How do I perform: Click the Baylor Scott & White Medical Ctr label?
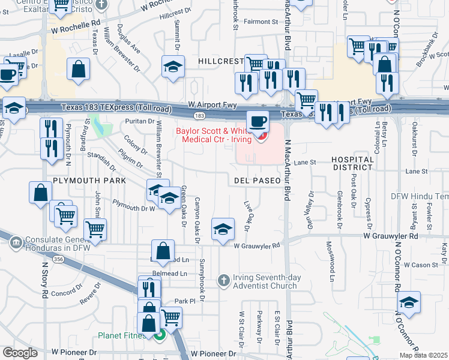[x=214, y=136]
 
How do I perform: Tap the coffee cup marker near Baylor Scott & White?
[x=258, y=121]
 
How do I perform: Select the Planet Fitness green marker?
[x=159, y=335]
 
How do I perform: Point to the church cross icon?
[x=223, y=280]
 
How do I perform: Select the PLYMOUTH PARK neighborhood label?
[x=89, y=180]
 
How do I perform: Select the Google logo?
[x=20, y=353]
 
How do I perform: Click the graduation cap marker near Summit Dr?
[x=173, y=66]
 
